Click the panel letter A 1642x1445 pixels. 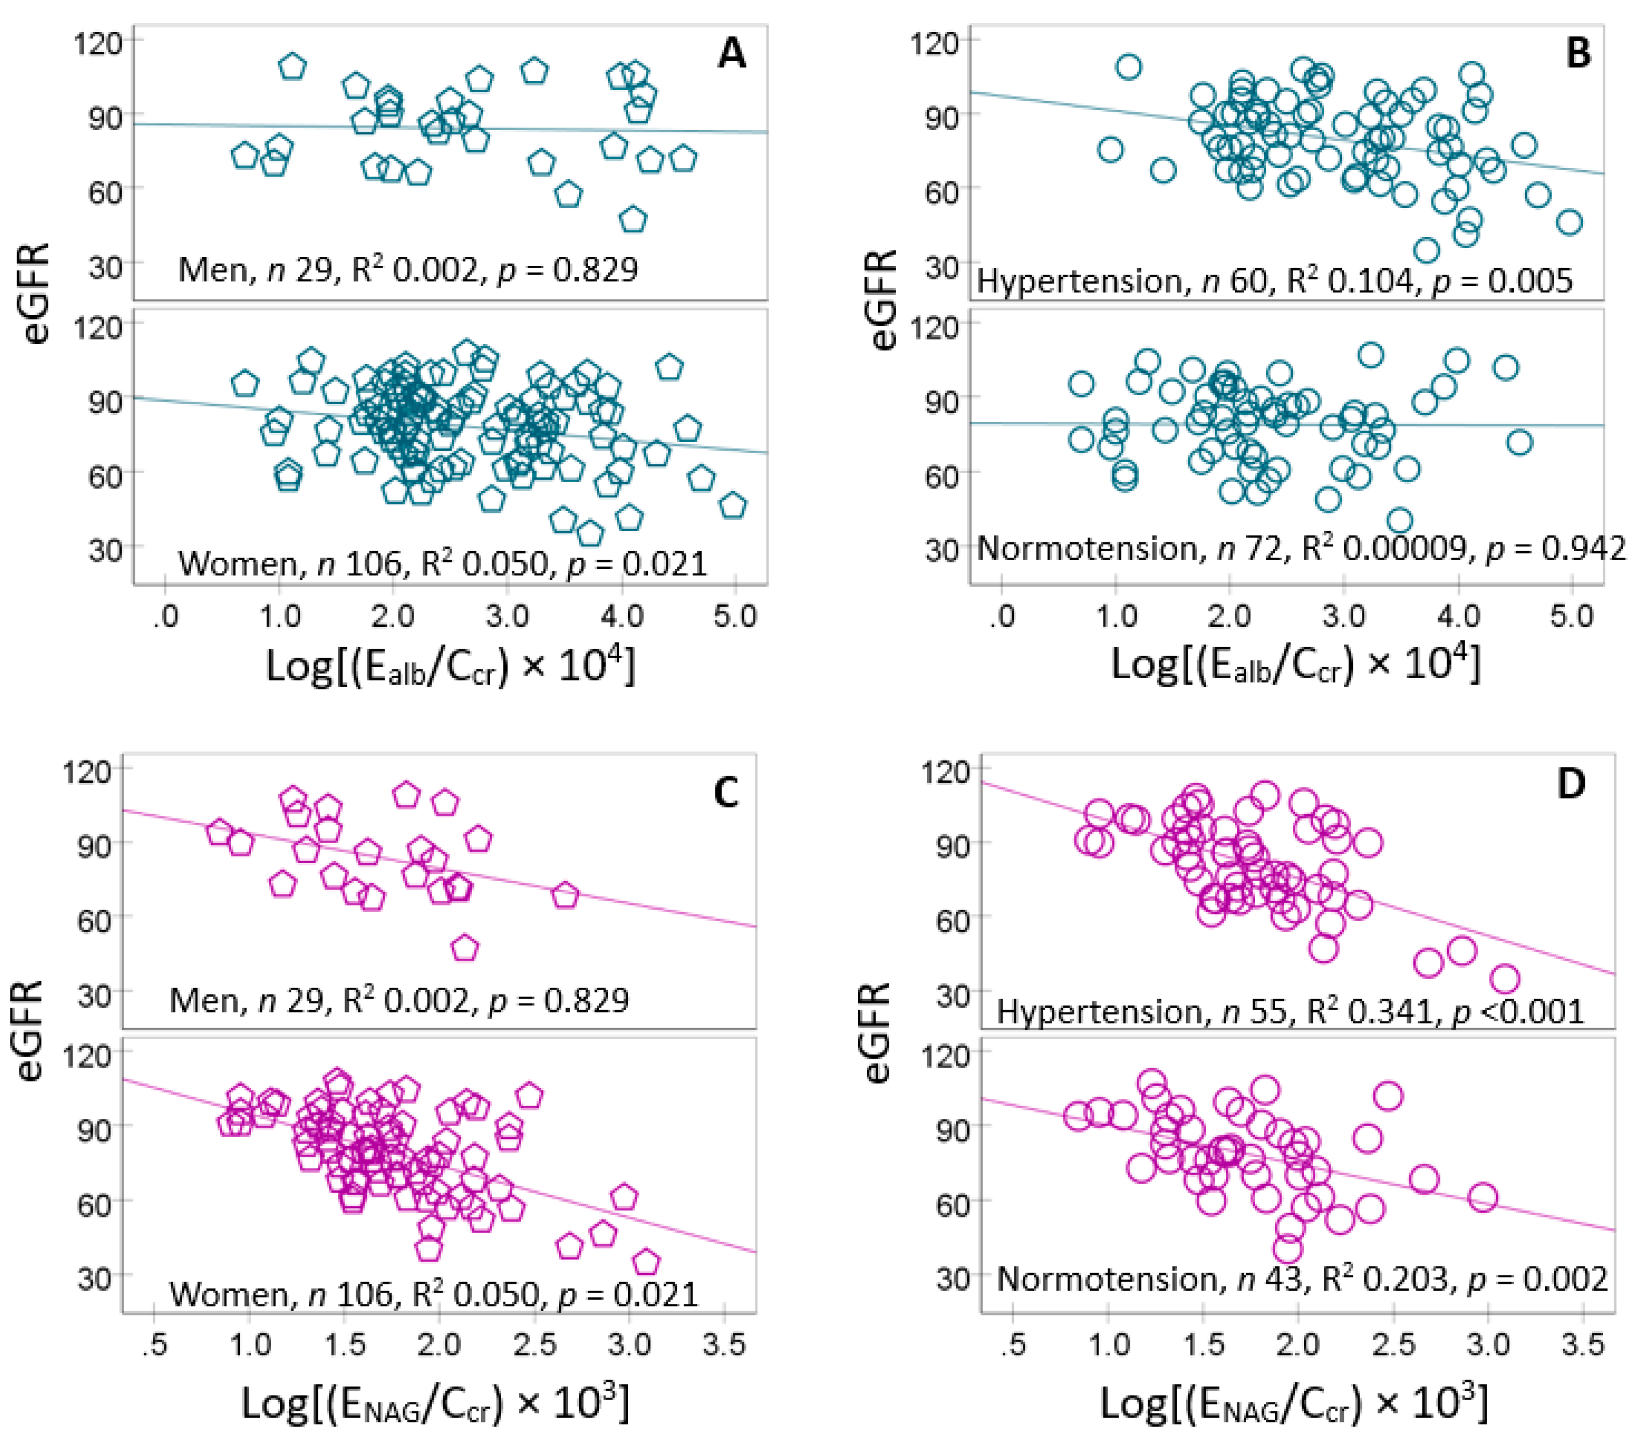pyautogui.click(x=731, y=54)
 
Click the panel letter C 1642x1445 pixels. pyautogui.click(x=726, y=793)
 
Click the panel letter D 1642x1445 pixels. pyautogui.click(x=1571, y=784)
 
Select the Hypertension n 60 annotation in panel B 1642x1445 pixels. pyautogui.click(x=1274, y=281)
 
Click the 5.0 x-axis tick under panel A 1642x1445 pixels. pyautogui.click(x=735, y=617)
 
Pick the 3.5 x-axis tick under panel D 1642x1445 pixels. pyautogui.click(x=1582, y=1345)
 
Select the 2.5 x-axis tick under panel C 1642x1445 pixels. pyautogui.click(x=534, y=1345)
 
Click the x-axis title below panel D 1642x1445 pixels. pyautogui.click(x=1293, y=1402)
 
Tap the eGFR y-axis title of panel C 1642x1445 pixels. pyautogui.click(x=29, y=1030)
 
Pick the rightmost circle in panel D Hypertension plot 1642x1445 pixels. pyautogui.click(x=1505, y=979)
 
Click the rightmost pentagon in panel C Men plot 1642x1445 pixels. pyautogui.click(x=565, y=896)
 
